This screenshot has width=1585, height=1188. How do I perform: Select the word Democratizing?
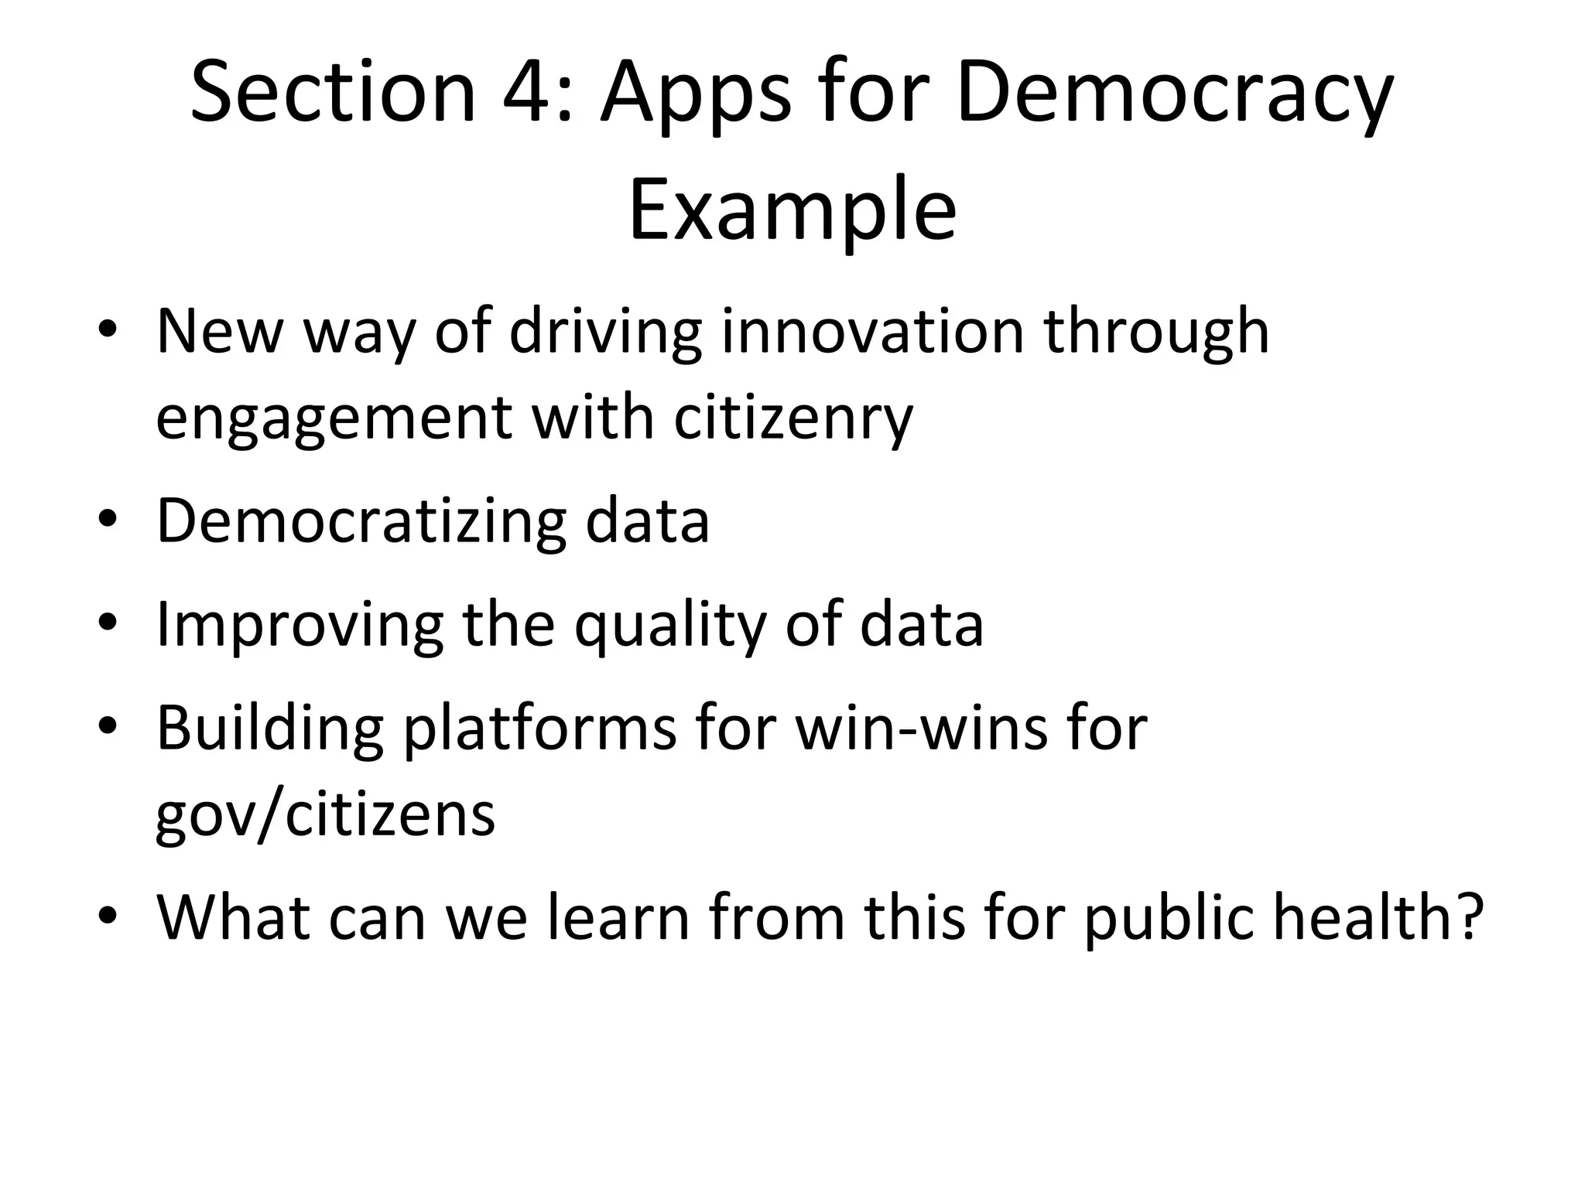click(361, 521)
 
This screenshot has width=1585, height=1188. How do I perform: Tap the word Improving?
click(300, 625)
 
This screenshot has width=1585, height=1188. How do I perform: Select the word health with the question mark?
click(1378, 917)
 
